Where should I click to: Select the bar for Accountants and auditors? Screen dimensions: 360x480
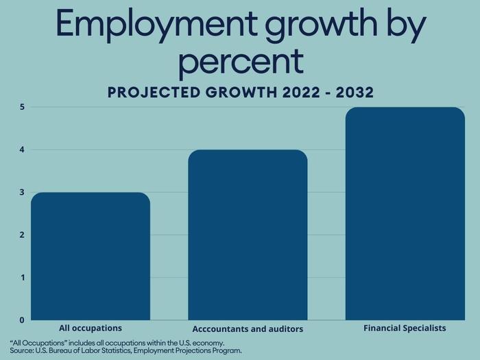[248, 235]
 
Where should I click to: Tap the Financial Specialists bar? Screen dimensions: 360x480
[405, 213]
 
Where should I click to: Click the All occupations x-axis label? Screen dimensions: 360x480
[91, 328]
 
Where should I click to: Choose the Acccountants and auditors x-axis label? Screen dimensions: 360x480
[248, 329]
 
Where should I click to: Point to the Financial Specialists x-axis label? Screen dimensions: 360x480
[405, 328]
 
